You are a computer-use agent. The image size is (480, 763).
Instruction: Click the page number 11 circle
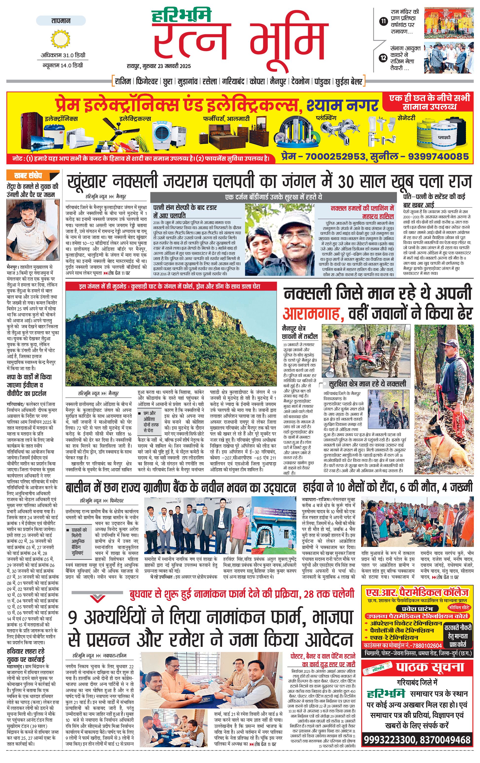(383, 21)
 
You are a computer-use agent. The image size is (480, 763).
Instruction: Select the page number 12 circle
(383, 58)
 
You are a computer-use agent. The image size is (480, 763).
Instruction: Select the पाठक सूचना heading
(430, 667)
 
